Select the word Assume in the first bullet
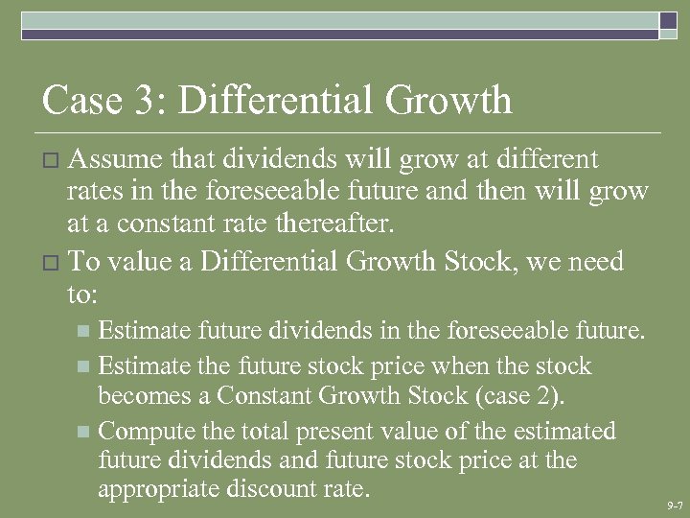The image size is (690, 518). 115,158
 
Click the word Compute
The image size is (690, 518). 147,431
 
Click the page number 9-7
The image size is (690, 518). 674,505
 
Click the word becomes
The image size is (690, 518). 141,395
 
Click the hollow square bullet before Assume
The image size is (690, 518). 51,159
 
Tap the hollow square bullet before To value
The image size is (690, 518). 51,262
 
